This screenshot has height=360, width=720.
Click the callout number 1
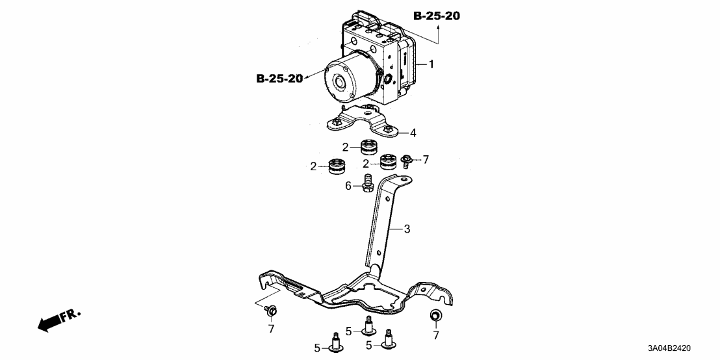tap(430, 64)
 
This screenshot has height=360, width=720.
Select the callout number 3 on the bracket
tap(407, 229)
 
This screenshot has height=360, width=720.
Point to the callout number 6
tap(348, 186)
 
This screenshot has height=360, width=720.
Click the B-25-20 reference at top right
tap(436, 16)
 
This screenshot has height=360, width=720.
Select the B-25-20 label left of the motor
tap(279, 79)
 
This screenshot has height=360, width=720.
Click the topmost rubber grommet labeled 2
tap(369, 146)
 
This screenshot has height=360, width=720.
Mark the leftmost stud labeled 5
tap(337, 344)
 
